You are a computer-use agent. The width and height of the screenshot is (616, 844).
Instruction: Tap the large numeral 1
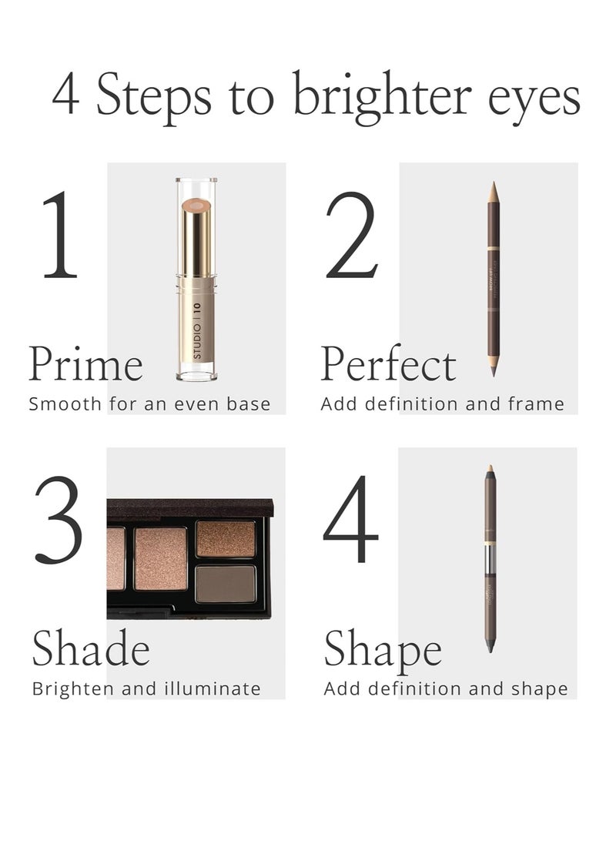60,235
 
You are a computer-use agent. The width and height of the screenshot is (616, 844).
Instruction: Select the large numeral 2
352,235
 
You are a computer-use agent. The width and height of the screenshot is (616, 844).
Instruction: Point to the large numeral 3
58,520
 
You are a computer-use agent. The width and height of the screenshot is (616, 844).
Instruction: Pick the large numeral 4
351,520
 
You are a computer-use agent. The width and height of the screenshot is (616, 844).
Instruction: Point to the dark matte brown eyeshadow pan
226,583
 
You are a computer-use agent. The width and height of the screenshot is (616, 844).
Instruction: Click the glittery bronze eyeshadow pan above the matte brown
226,539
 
